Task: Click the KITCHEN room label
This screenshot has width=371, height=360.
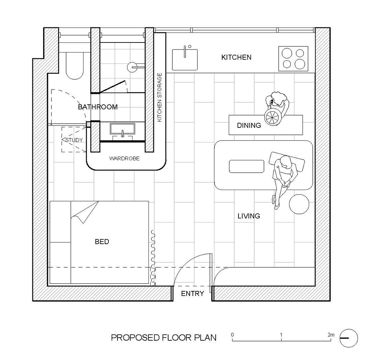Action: (236, 57)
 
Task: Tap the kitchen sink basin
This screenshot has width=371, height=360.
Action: (185, 59)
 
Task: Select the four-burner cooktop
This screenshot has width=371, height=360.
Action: (293, 59)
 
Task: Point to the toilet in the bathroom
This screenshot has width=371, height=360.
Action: (75, 66)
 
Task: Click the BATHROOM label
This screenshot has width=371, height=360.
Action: (98, 107)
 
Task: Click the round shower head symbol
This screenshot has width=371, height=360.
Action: (132, 67)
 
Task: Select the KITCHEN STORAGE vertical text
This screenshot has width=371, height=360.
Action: (160, 97)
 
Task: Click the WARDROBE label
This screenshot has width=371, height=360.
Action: (124, 158)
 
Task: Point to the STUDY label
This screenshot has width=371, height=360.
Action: (74, 140)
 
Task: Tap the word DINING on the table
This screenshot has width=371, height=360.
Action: (249, 126)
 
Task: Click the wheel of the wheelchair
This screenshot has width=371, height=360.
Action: (273, 117)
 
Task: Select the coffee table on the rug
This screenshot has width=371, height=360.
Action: (247, 166)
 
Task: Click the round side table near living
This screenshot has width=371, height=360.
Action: (299, 204)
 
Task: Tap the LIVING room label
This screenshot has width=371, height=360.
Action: (248, 216)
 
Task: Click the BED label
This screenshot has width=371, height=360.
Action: (102, 242)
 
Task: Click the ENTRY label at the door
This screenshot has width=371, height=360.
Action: (192, 294)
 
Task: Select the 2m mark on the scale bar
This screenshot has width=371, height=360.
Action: (331, 335)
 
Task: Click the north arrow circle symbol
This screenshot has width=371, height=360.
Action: (349, 329)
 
